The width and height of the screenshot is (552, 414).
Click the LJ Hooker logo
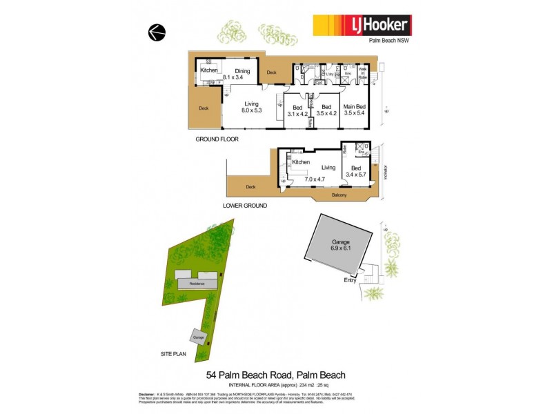click(362, 26)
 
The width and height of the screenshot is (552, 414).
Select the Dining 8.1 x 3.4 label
click(241, 74)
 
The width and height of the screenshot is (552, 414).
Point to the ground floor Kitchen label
click(209, 70)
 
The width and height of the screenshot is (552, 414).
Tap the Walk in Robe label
click(363, 75)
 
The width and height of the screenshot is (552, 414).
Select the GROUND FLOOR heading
click(216, 139)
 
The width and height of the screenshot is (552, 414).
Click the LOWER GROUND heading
click(246, 206)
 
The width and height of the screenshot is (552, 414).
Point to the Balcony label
click(338, 195)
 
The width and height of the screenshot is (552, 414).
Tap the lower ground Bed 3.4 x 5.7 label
click(356, 172)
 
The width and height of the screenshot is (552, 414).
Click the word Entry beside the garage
click(351, 280)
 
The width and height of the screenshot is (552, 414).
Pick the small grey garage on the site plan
click(199, 337)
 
